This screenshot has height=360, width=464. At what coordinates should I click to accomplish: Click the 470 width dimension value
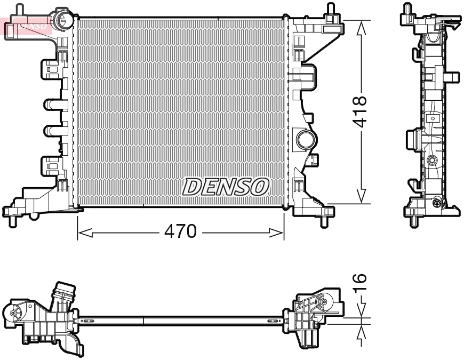coord(181,233)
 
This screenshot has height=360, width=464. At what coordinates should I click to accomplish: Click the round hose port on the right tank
coord(306,140)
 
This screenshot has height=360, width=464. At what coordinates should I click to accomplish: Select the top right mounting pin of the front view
coord(329,9)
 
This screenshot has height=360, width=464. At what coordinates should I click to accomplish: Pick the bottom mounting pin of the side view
coord(413,220)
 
